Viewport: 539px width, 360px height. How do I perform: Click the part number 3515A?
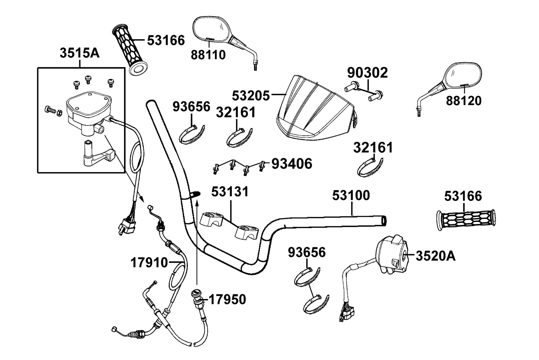pos(79,53)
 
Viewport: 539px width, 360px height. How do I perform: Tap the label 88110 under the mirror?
pos(208,55)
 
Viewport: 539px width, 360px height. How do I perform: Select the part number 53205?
pos(251,95)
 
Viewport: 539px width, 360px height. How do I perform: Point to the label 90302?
pos(367,73)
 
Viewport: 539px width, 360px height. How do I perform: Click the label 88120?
pos(464,100)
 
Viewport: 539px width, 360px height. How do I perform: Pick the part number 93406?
pos(292,164)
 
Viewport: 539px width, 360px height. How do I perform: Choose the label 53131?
pos(230,192)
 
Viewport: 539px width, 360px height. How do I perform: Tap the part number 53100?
pos(351,196)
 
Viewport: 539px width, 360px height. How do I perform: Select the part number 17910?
pos(149,263)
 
